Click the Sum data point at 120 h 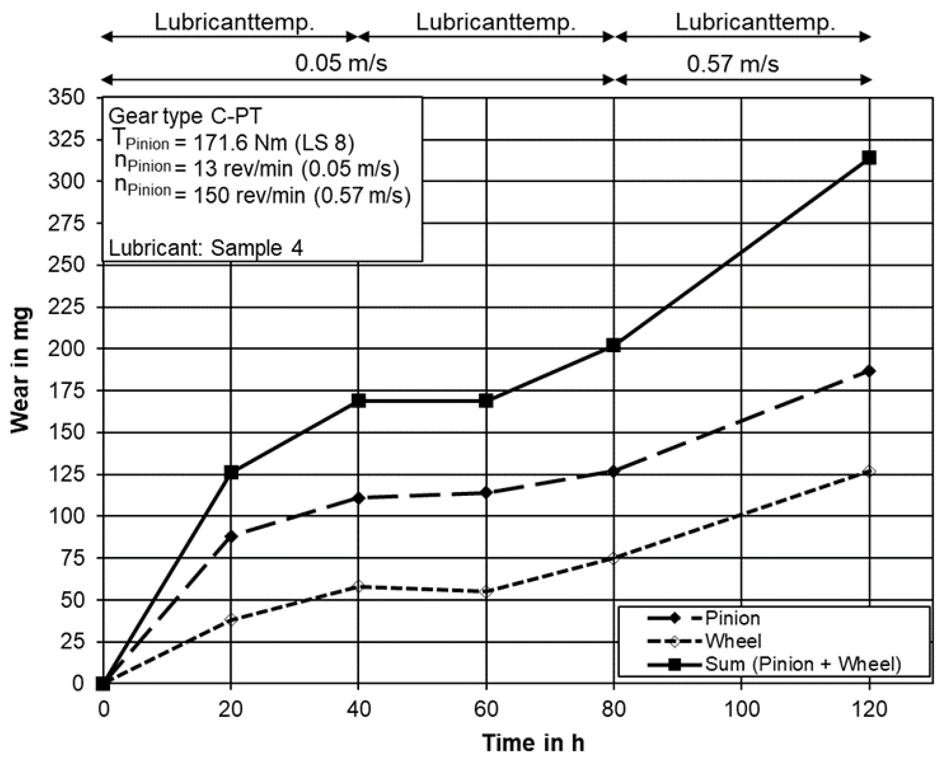869,158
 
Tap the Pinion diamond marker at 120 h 869,371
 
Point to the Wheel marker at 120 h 869,472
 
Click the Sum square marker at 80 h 613,345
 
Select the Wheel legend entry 733,641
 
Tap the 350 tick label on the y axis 66,97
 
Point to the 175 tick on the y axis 66,391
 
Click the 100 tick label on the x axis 741,709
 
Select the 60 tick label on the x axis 486,709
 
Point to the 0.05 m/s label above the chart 341,63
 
